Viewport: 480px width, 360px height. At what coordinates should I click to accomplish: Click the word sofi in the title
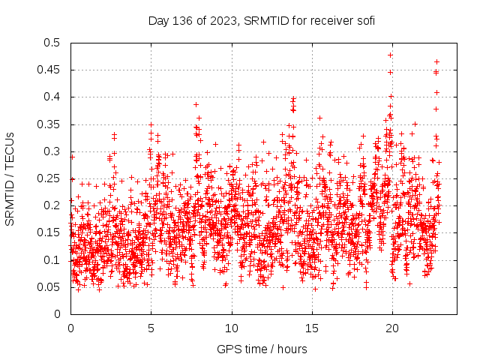[364, 20]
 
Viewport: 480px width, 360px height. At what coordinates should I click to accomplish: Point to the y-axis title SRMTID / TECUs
[10, 178]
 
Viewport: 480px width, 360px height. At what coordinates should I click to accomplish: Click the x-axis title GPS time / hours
[262, 349]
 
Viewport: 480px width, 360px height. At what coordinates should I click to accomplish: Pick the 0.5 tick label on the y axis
[51, 43]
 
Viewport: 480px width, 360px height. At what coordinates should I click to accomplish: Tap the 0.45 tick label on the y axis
[48, 70]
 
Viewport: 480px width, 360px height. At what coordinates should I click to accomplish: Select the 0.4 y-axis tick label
[51, 97]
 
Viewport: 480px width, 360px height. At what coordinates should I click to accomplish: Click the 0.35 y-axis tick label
[48, 124]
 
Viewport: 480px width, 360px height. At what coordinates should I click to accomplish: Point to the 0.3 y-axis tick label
[51, 151]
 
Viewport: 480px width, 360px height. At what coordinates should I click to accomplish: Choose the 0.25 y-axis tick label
[48, 178]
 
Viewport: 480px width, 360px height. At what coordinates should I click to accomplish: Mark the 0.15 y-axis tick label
[48, 232]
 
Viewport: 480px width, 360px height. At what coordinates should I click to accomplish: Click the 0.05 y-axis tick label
[48, 286]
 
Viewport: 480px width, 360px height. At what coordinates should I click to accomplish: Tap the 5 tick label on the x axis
[151, 328]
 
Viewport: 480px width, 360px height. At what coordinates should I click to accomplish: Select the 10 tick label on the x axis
[232, 328]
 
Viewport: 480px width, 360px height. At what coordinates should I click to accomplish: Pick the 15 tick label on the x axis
[312, 328]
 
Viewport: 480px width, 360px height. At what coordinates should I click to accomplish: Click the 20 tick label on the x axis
[392, 328]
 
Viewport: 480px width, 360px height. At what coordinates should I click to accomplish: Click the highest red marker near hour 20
[390, 55]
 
